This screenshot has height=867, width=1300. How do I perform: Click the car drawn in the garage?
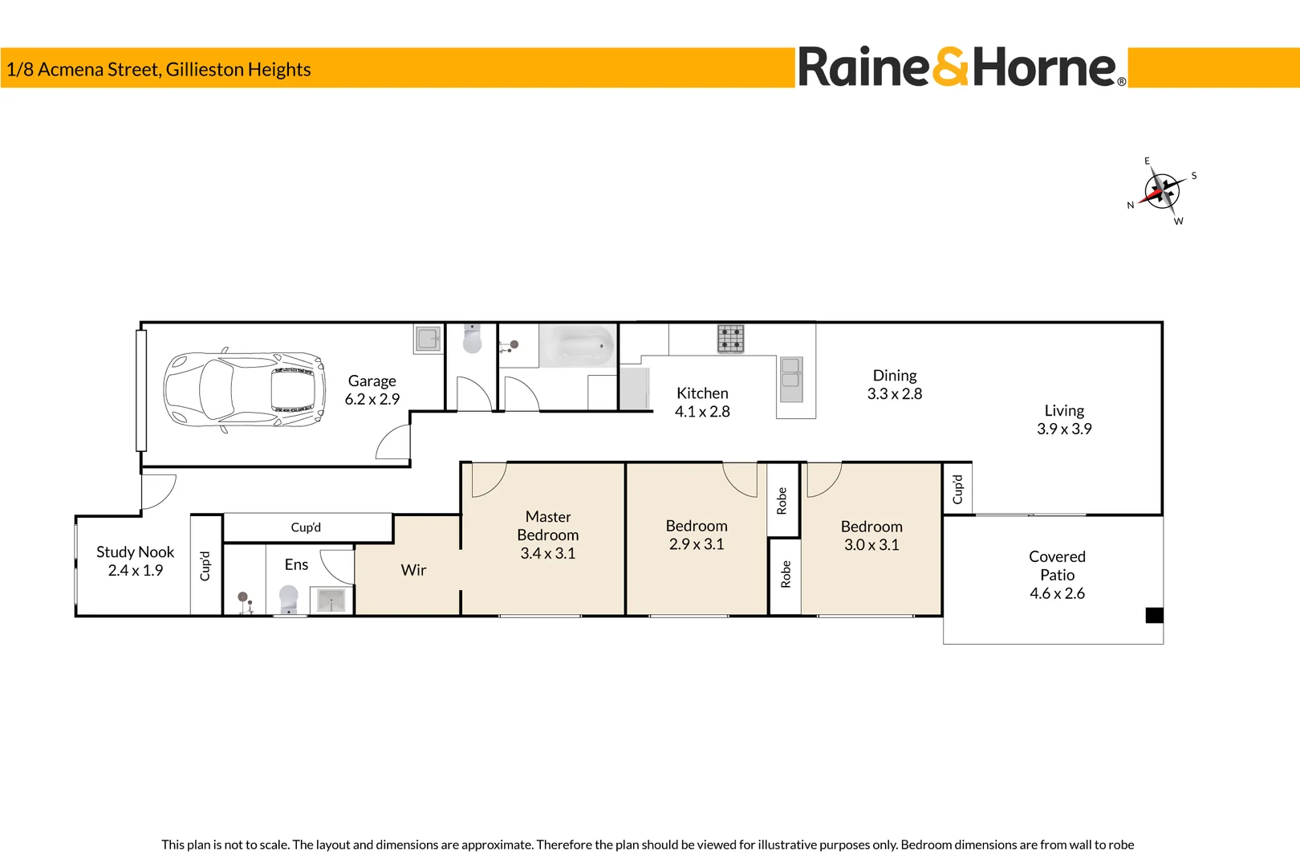click(x=245, y=391)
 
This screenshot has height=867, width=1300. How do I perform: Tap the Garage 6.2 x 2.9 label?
click(x=372, y=390)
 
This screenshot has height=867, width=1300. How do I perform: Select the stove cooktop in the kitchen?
click(x=730, y=339)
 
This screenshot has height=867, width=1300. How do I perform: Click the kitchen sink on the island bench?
click(x=791, y=380)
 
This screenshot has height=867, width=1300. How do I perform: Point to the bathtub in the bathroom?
click(x=577, y=346)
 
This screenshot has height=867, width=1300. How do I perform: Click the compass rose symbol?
click(x=1161, y=191)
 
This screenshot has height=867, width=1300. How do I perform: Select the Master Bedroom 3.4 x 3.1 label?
click(x=548, y=535)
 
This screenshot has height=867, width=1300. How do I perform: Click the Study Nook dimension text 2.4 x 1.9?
click(x=136, y=571)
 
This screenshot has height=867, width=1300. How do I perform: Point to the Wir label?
click(x=413, y=570)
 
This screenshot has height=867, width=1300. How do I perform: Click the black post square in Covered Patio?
click(x=1154, y=616)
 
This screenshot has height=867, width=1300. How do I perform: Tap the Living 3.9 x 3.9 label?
click(x=1064, y=420)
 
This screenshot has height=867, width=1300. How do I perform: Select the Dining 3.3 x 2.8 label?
click(x=895, y=385)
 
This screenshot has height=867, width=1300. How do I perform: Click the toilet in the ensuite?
click(x=288, y=599)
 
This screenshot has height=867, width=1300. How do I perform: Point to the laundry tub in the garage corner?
click(x=428, y=339)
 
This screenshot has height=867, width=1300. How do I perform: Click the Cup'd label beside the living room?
click(x=957, y=489)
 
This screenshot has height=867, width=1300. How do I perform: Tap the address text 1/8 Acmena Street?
click(x=158, y=70)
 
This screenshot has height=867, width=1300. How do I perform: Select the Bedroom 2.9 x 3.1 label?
click(x=697, y=535)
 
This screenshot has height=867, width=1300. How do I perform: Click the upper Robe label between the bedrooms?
click(x=782, y=500)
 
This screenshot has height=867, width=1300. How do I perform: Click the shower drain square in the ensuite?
click(x=331, y=600)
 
